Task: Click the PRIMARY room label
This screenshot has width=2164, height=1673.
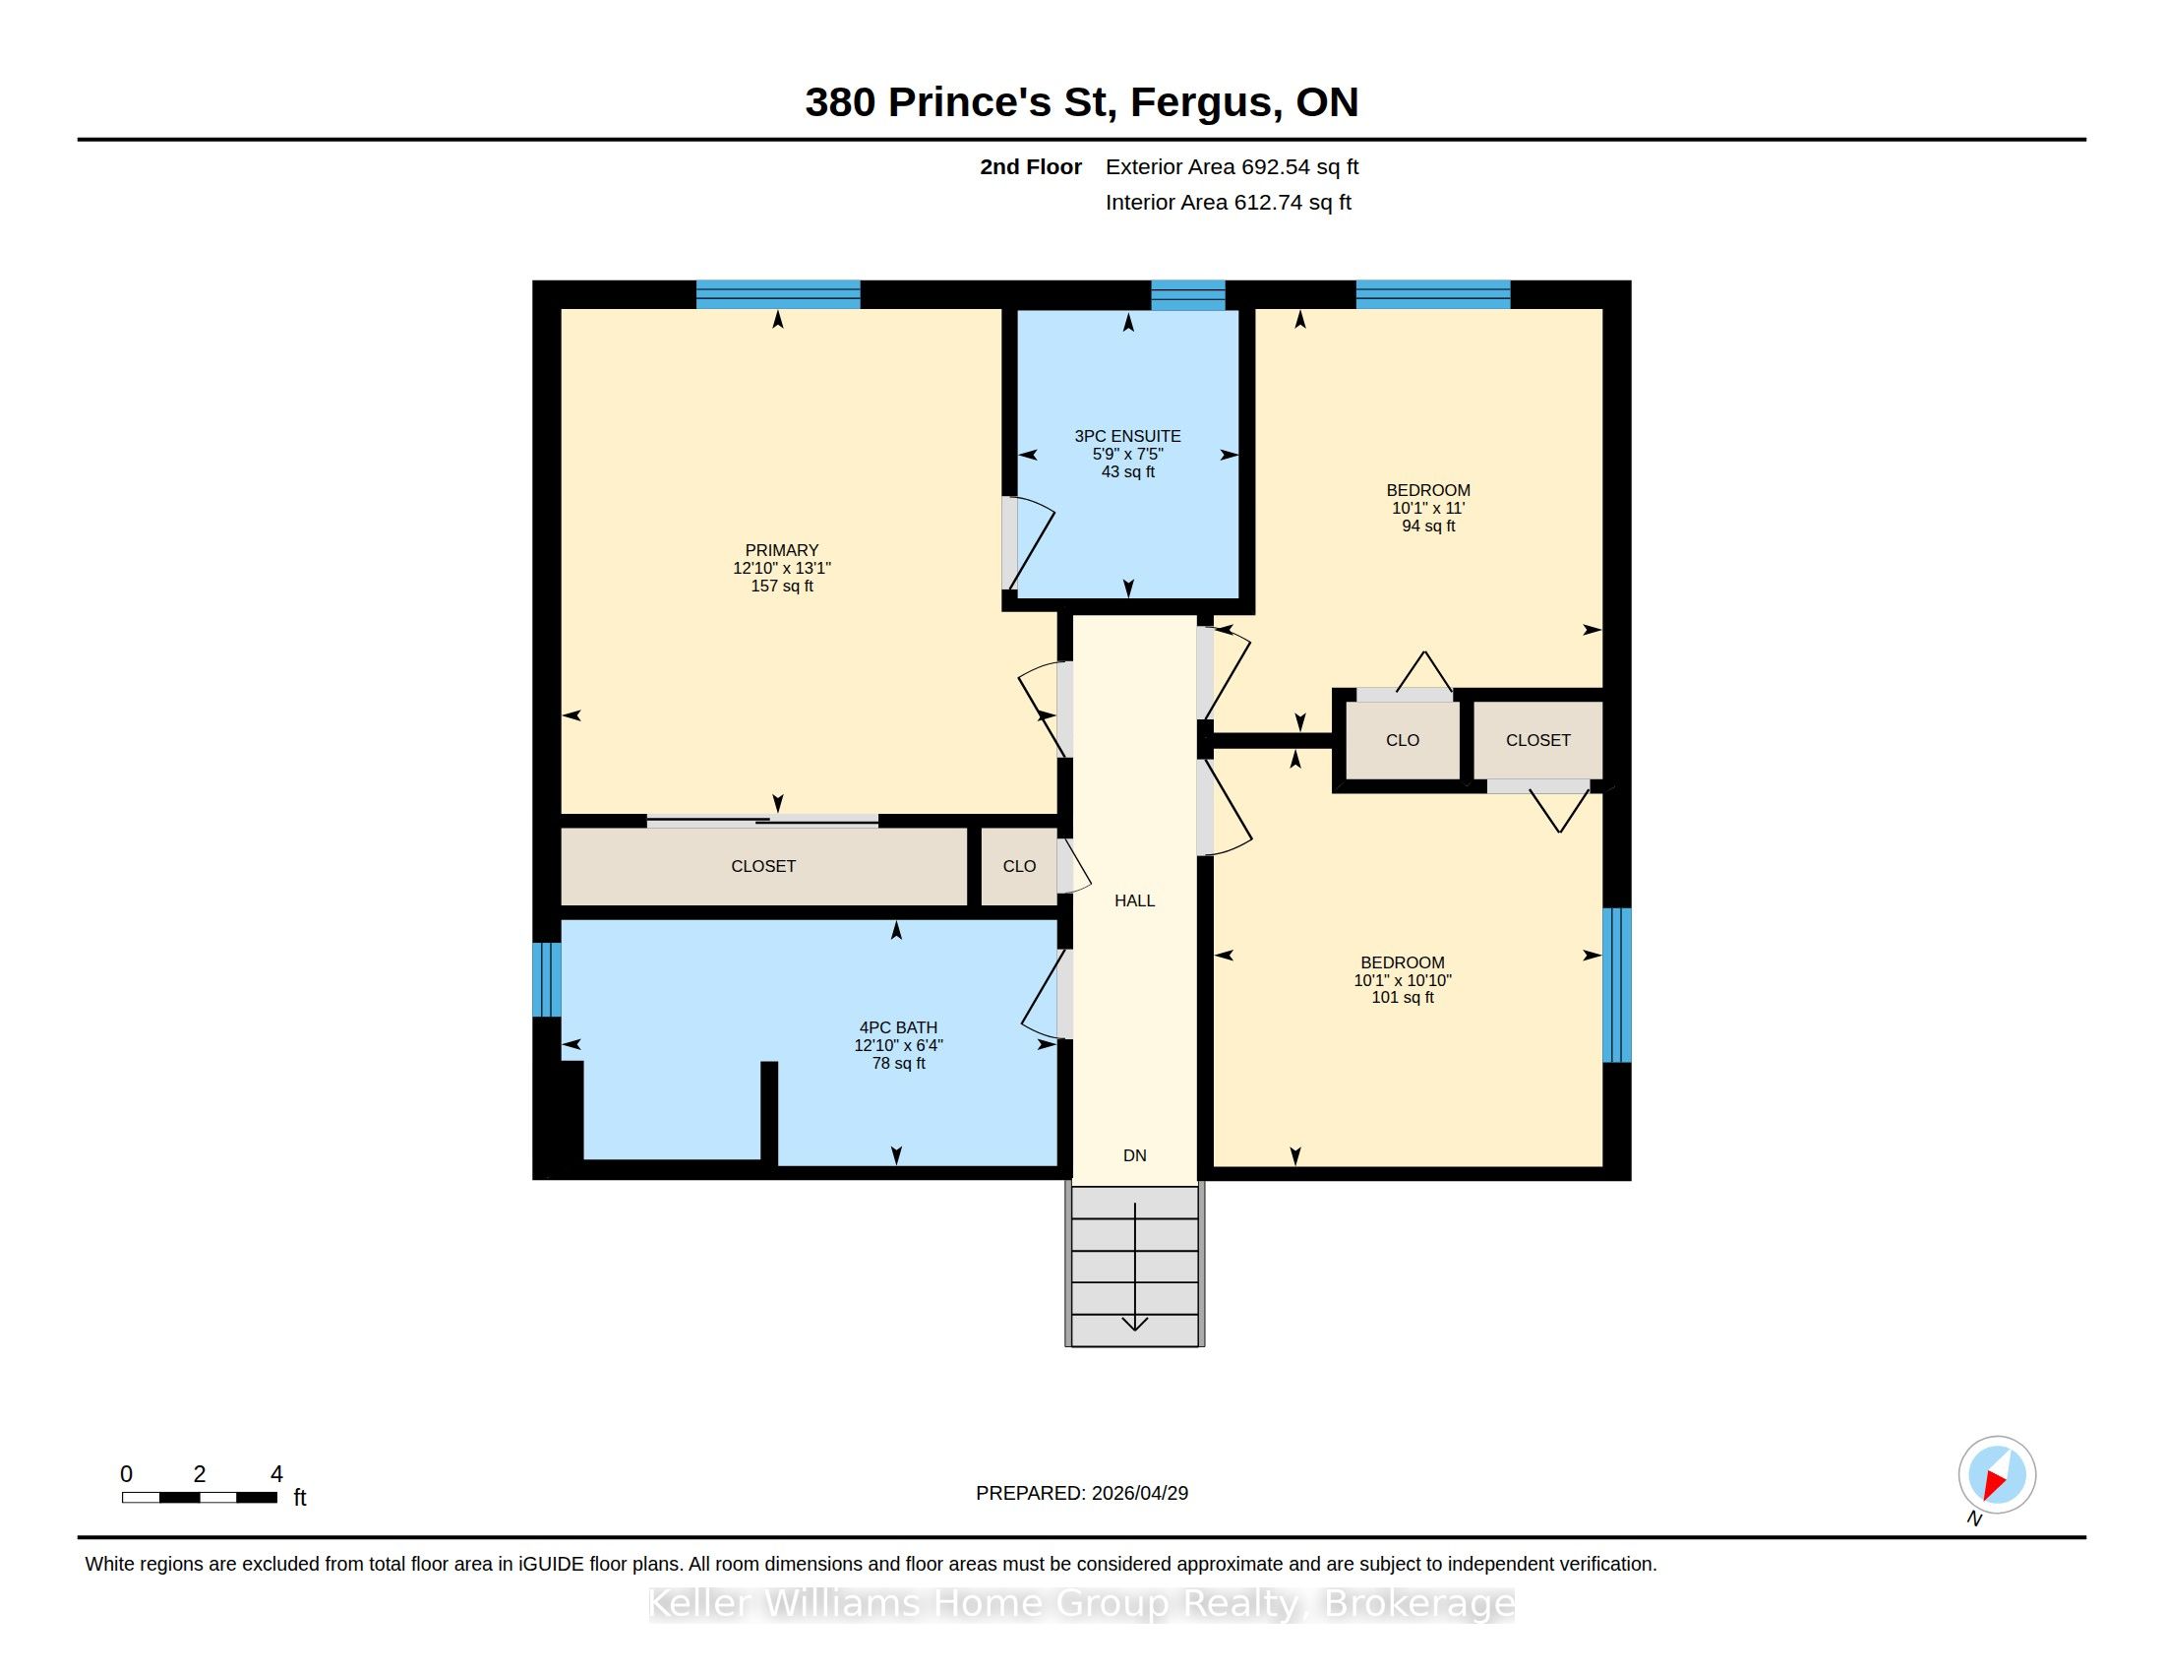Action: click(782, 550)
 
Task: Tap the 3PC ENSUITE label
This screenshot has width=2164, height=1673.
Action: click(1127, 436)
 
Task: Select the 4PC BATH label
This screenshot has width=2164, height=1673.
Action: click(898, 1027)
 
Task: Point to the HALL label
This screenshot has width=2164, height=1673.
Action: click(1134, 899)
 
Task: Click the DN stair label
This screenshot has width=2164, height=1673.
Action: click(1134, 1154)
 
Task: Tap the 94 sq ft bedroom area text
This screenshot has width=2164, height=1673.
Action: click(1428, 526)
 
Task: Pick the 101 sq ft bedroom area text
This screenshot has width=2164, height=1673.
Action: click(1402, 997)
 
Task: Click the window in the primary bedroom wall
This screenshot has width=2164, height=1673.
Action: click(778, 294)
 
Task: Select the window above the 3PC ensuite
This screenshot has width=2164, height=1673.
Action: click(1188, 295)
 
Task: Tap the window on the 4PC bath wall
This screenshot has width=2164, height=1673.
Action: click(547, 979)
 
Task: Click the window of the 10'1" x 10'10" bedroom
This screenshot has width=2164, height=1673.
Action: click(1616, 984)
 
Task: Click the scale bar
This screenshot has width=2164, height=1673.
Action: click(199, 1498)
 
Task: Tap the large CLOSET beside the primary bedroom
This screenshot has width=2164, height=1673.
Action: click(763, 865)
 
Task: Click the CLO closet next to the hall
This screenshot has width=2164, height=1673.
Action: click(1019, 865)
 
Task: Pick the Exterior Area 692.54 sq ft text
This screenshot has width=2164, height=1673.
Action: click(1232, 166)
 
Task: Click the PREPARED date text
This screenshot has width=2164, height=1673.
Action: click(1082, 1493)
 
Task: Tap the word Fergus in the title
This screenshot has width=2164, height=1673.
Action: click(1202, 102)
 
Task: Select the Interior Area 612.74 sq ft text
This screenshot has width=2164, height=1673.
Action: click(1228, 202)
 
